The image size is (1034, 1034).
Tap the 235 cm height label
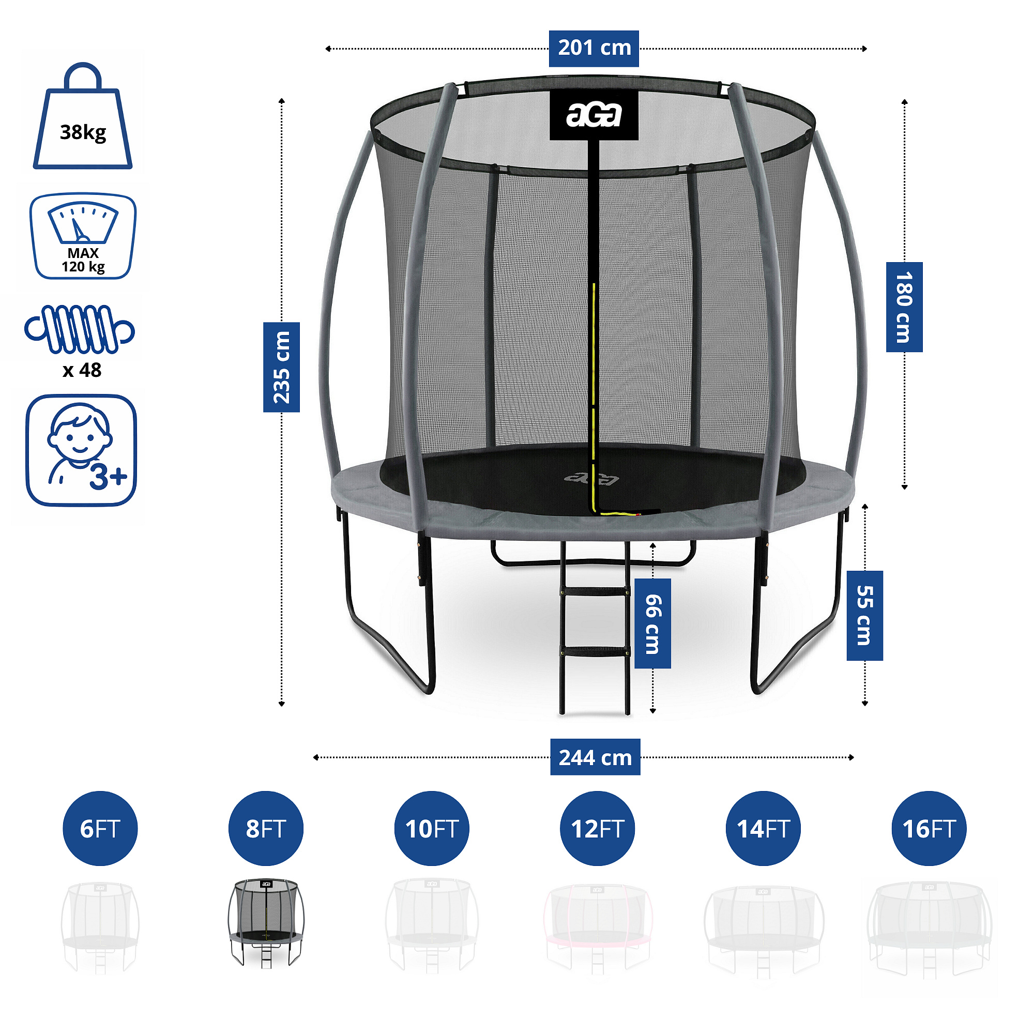(x=282, y=367)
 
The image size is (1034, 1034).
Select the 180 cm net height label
(x=904, y=307)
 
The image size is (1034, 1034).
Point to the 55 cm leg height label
(x=864, y=615)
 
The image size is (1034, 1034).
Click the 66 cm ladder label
(x=652, y=624)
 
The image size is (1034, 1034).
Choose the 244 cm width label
(x=595, y=757)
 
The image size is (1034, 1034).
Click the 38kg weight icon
(x=83, y=116)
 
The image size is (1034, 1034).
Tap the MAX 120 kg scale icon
(x=83, y=236)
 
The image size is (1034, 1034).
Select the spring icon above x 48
(x=80, y=329)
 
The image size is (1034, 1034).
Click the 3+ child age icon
(x=81, y=450)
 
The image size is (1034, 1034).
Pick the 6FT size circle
(x=100, y=828)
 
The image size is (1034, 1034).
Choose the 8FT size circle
(x=266, y=828)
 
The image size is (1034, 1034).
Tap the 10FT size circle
(x=432, y=828)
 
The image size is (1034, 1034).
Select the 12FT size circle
(x=597, y=828)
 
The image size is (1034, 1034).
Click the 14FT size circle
(x=763, y=828)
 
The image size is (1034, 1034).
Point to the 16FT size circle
(x=929, y=828)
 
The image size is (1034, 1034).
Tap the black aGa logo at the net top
(x=594, y=115)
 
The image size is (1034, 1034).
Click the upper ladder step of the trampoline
(x=595, y=591)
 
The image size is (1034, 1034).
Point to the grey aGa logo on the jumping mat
(x=591, y=477)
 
